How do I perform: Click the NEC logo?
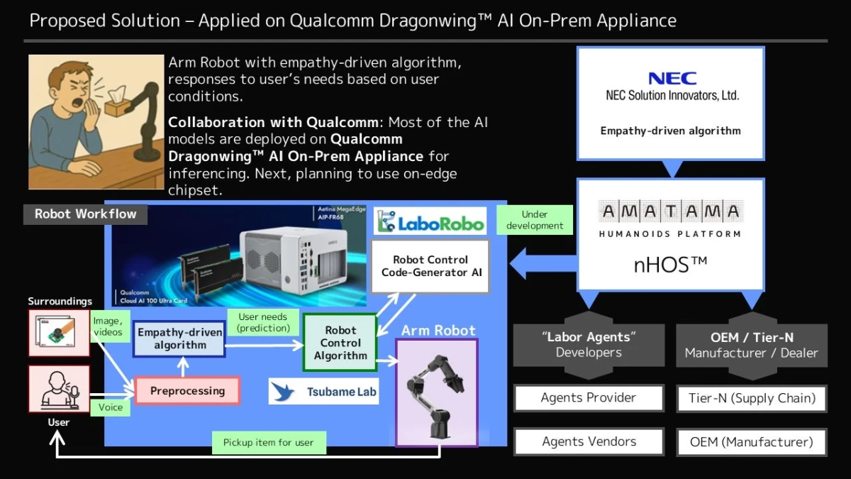[x=672, y=78]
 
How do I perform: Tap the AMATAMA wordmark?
[x=670, y=211]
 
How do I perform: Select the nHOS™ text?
[x=670, y=265]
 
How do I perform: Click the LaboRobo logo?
[x=430, y=223]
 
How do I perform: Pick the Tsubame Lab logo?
[x=324, y=391]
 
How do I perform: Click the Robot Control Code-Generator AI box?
[x=430, y=266]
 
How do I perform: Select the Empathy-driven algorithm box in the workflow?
[x=179, y=338]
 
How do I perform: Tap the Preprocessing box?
[x=187, y=390]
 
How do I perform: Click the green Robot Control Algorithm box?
[x=340, y=343]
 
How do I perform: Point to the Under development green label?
[x=535, y=220]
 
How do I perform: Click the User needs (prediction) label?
[x=262, y=323]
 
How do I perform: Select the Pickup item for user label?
[x=268, y=442]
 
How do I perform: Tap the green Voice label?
[x=110, y=407]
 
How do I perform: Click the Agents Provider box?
[x=588, y=398]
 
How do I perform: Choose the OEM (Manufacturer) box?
[x=752, y=442]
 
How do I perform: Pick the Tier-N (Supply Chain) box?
[x=752, y=398]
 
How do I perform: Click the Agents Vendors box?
[x=588, y=442]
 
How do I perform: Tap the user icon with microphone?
[x=59, y=389]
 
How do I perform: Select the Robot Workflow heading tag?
[x=85, y=214]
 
